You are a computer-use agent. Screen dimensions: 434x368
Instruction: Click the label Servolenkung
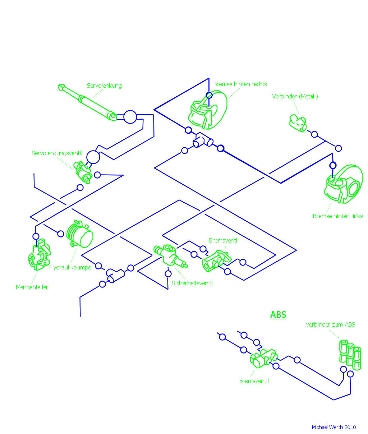point(104,86)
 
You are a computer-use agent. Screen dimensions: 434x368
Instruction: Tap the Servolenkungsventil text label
point(57,153)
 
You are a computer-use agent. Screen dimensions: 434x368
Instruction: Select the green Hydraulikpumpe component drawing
point(80,235)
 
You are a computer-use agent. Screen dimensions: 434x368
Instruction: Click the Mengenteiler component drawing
point(39,255)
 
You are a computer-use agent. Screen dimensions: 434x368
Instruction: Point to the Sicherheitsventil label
point(192,283)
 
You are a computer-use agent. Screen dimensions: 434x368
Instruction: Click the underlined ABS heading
point(278,315)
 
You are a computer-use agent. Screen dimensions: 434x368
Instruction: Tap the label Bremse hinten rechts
point(240,84)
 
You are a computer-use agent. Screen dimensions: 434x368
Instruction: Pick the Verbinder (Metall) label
point(295,97)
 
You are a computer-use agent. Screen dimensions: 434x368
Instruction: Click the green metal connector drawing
point(298,123)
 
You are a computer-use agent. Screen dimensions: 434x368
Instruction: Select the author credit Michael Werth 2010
point(334,427)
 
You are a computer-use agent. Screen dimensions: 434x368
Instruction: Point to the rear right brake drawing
point(208,111)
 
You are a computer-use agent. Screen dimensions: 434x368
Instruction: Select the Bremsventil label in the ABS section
point(254,381)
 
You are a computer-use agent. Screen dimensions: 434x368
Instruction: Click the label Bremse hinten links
point(338,216)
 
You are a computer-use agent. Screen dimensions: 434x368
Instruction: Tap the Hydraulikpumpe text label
point(70,268)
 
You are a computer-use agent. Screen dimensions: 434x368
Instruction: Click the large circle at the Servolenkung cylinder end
point(130,117)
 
